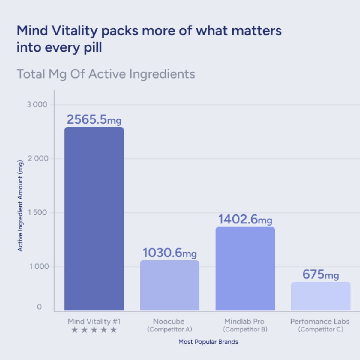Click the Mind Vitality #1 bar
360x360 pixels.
pos(94,219)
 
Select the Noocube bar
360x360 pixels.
pos(169,285)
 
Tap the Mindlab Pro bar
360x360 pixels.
pos(245,268)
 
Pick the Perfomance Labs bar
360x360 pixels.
pos(321,296)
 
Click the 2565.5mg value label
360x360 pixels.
pos(94,119)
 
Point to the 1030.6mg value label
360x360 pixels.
pos(169,253)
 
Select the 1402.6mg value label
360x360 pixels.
pos(245,220)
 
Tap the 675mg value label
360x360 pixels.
pos(320,274)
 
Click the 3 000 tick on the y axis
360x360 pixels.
pos(37,104)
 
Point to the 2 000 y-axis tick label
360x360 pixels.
pos(38,158)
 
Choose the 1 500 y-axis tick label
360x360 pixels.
pos(37,212)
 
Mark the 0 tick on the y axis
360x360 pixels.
pos(39,307)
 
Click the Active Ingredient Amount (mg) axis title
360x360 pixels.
pos(20,206)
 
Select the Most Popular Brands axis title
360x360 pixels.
pos(208,342)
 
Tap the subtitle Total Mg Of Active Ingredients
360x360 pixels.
pos(106,74)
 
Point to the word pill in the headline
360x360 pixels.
pos(93,47)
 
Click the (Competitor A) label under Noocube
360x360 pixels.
pos(169,329)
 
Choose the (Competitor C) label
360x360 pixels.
pos(321,329)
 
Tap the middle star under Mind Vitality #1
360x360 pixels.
pos(94,330)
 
